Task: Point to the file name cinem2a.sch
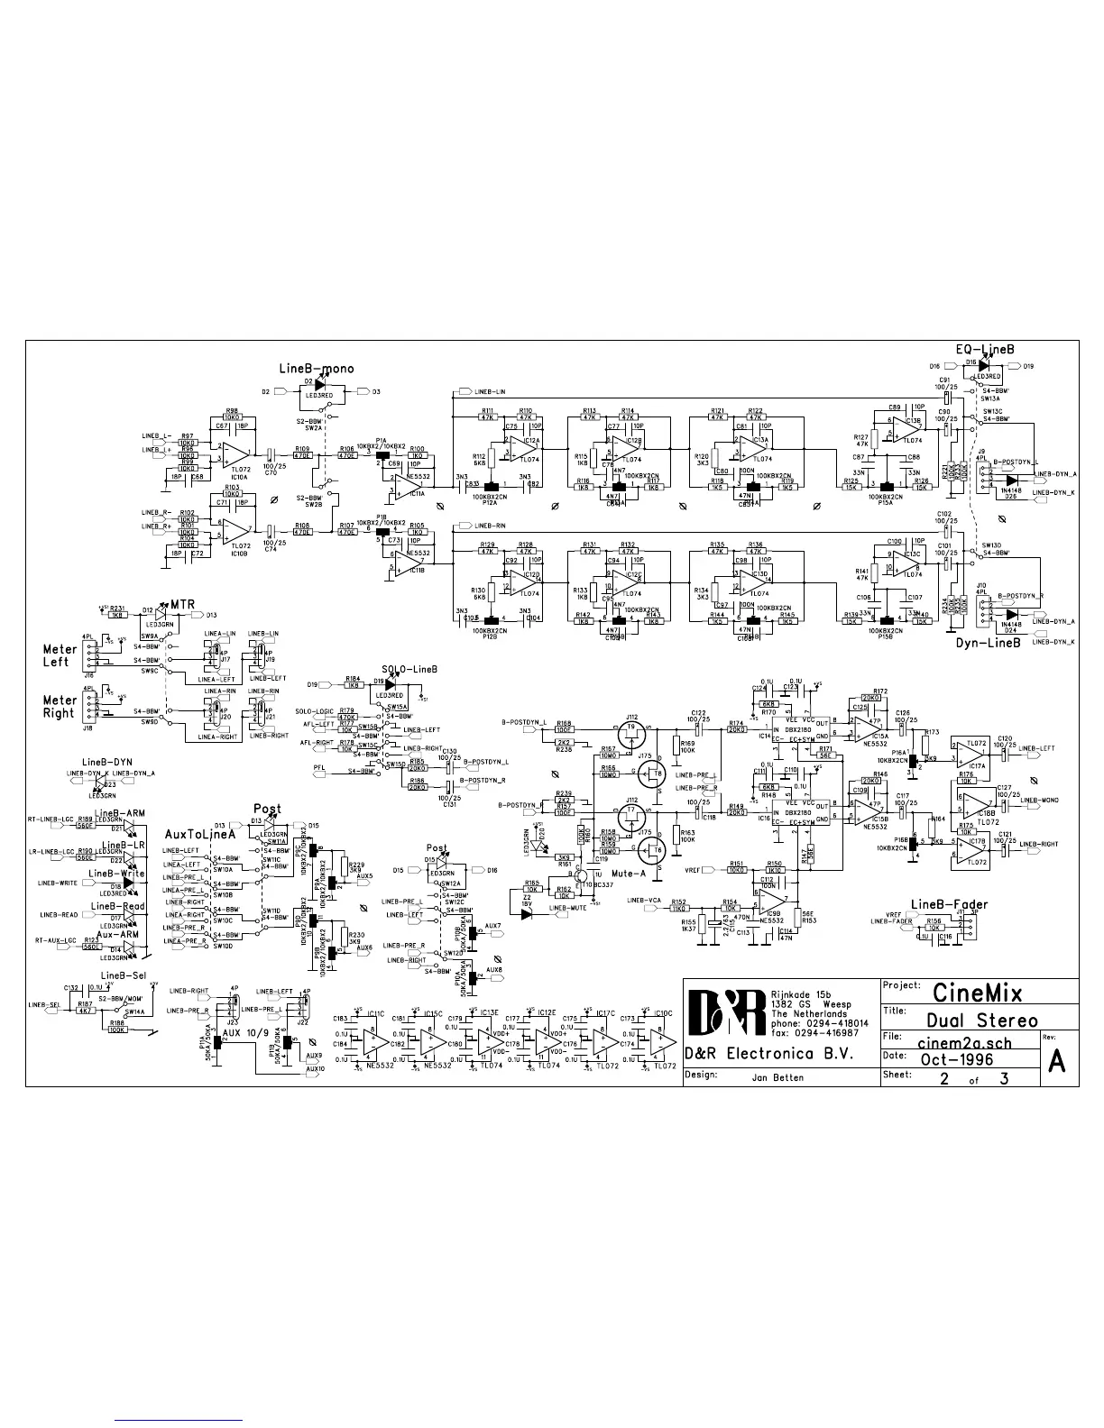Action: point(966,1041)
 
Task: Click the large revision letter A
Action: point(1058,1061)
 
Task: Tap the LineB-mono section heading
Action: point(317,369)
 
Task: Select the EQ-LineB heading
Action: point(985,348)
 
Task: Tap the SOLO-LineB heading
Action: point(409,670)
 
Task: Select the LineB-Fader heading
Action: point(949,904)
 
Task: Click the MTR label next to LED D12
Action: point(182,605)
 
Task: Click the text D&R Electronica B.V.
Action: point(768,1052)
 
